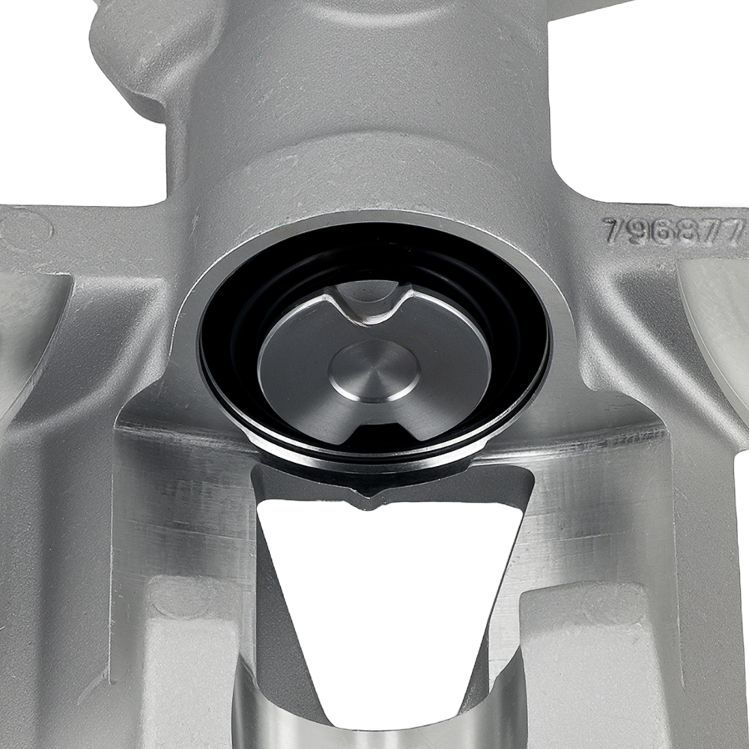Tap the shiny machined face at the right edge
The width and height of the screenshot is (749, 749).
coord(715,315)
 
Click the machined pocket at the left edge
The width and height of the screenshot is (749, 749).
coord(30,337)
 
